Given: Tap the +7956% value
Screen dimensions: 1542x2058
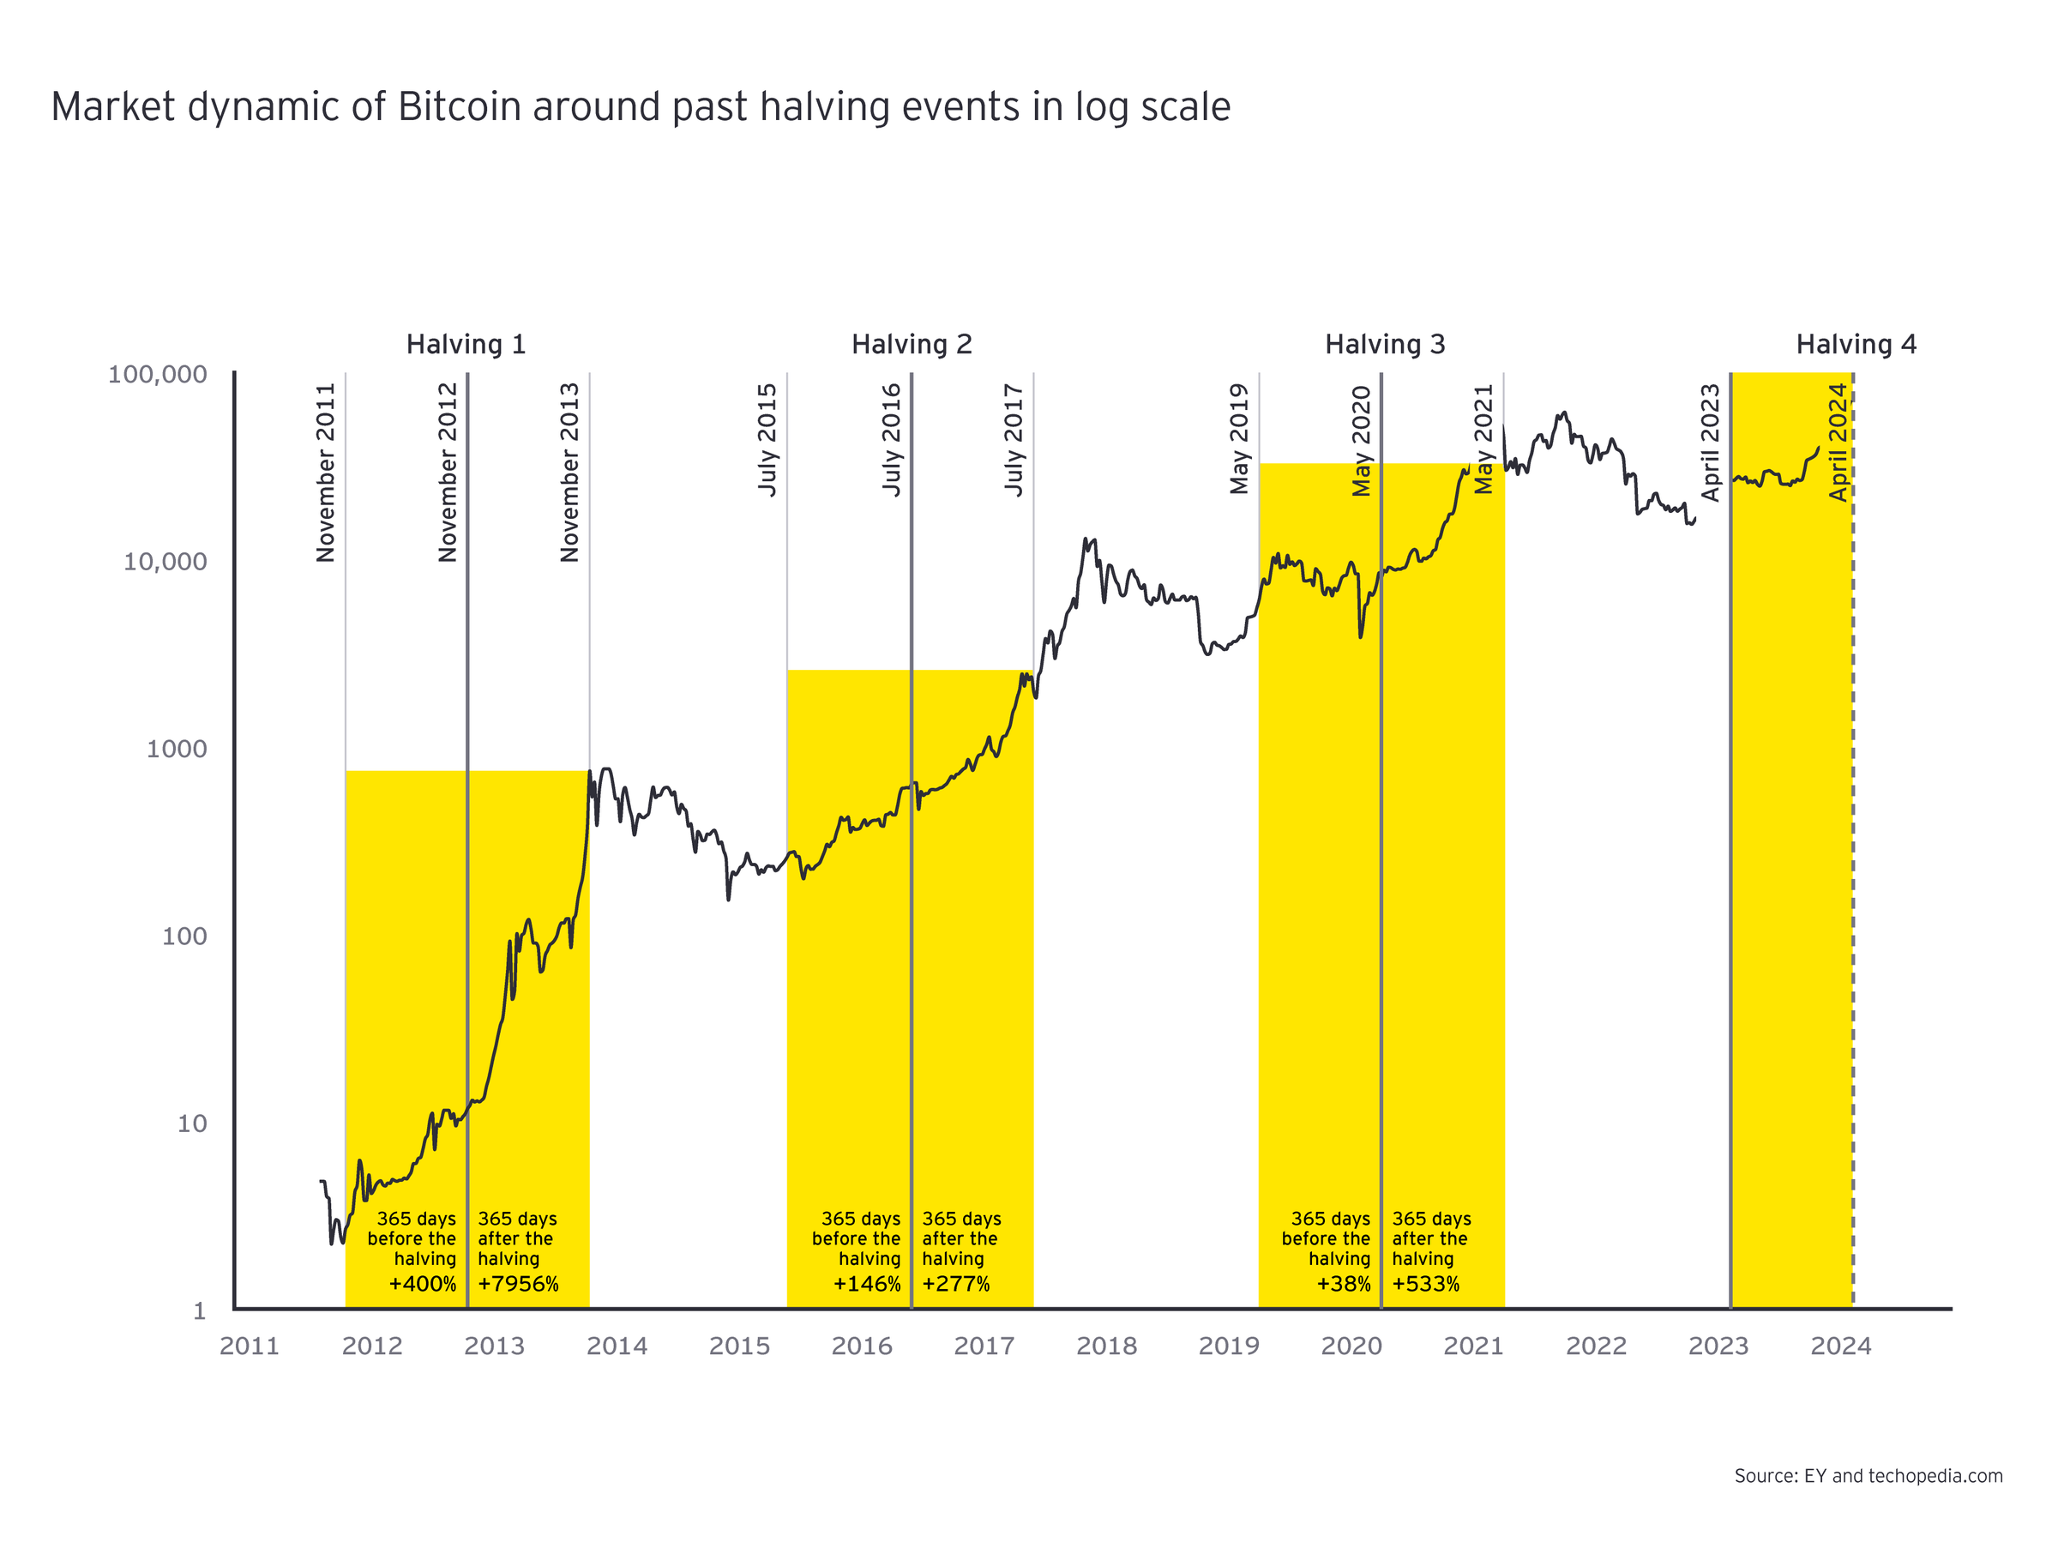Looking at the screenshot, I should click(518, 1284).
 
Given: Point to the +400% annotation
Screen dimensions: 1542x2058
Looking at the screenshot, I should click(423, 1284).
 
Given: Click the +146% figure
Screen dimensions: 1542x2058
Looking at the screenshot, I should click(867, 1284).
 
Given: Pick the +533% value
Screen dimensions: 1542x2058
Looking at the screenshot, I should click(1425, 1284).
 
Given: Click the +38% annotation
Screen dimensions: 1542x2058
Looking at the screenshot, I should click(1344, 1284).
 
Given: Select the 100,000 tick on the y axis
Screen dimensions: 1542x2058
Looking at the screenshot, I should click(157, 374).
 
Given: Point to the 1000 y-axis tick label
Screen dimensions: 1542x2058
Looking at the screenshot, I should click(177, 750).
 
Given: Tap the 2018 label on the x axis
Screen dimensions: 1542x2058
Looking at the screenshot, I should click(1106, 1346).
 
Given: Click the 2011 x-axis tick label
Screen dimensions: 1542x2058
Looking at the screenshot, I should click(250, 1346).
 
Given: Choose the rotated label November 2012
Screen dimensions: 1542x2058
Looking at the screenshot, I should click(448, 472).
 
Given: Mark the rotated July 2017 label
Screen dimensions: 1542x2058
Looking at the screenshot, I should click(1014, 439).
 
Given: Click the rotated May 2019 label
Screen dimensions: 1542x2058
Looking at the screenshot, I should click(1238, 438).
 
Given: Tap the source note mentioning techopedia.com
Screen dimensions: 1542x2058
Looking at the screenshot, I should click(1868, 1476).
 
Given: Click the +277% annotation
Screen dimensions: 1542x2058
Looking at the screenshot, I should click(955, 1284).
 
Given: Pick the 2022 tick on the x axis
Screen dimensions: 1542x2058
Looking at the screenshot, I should click(1596, 1346).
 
